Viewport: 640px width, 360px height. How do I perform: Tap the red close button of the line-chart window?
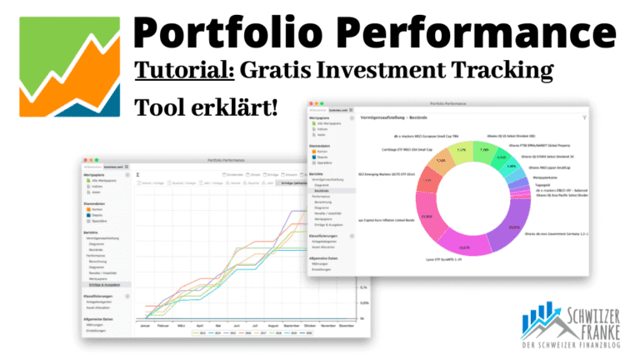(x=83, y=158)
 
